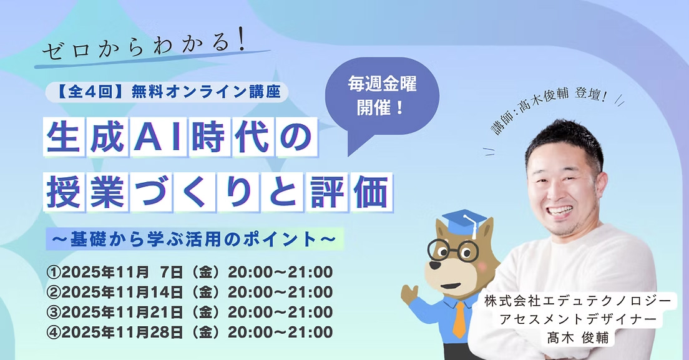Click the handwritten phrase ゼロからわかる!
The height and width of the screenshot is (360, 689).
click(143, 47)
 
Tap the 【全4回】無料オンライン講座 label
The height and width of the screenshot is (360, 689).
click(167, 92)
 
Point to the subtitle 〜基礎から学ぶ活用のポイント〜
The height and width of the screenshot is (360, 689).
click(194, 239)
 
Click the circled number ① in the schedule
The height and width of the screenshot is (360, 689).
click(53, 273)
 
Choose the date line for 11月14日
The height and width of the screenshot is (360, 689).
click(189, 293)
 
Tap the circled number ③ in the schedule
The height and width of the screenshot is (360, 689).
click(53, 313)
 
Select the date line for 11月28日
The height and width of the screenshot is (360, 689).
click(189, 333)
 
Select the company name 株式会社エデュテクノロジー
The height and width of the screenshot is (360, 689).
click(579, 301)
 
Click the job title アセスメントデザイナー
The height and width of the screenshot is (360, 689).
click(579, 319)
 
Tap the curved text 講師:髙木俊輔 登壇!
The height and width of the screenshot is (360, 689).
click(550, 109)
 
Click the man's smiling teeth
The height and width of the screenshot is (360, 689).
click(561, 210)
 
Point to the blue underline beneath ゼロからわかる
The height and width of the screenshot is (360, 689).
click(152, 59)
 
